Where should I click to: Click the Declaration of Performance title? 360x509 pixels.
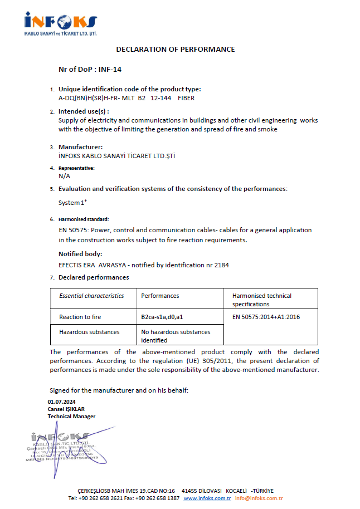click(x=176, y=49)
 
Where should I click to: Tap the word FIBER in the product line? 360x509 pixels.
click(x=186, y=97)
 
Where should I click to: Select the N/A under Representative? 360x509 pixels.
click(x=64, y=175)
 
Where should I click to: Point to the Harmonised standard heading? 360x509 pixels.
click(x=84, y=219)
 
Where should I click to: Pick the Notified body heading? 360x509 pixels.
click(x=80, y=254)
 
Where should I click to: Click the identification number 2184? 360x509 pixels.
click(x=221, y=265)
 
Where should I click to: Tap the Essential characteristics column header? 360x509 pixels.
click(x=91, y=296)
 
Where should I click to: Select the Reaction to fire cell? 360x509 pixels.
click(x=80, y=317)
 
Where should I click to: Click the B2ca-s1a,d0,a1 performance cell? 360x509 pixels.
click(x=162, y=317)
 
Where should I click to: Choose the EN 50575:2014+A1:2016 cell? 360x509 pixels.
click(x=266, y=317)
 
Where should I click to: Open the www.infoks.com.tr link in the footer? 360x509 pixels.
click(x=207, y=498)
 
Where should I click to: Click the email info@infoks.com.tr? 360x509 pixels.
click(x=259, y=498)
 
